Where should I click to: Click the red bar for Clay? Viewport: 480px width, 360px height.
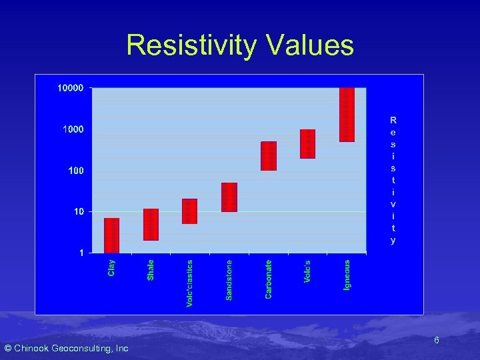pos(111,235)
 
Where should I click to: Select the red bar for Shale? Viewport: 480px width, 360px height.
pos(151,225)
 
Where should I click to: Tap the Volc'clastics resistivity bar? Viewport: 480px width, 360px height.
pos(190,211)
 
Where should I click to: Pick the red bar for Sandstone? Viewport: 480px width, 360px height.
pos(229,197)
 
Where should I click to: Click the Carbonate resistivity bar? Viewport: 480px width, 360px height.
pos(269,156)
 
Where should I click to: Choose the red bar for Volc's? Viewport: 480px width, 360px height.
pos(307,144)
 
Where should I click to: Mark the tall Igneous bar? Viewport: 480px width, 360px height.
pos(347,115)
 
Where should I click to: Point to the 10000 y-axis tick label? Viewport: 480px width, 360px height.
pos(70,88)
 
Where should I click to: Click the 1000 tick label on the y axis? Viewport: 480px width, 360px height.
pos(73,129)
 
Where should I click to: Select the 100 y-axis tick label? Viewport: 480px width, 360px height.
pos(75,171)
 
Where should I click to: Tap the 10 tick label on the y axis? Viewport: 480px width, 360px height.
pos(78,212)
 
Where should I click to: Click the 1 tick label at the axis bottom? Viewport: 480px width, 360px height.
pos(81,253)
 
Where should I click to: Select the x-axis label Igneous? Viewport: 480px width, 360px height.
pos(347,275)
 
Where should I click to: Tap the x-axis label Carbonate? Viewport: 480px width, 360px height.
pos(269,279)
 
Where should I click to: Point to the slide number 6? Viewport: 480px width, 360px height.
pos(436,341)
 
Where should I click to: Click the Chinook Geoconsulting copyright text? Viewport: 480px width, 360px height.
pos(66,349)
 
